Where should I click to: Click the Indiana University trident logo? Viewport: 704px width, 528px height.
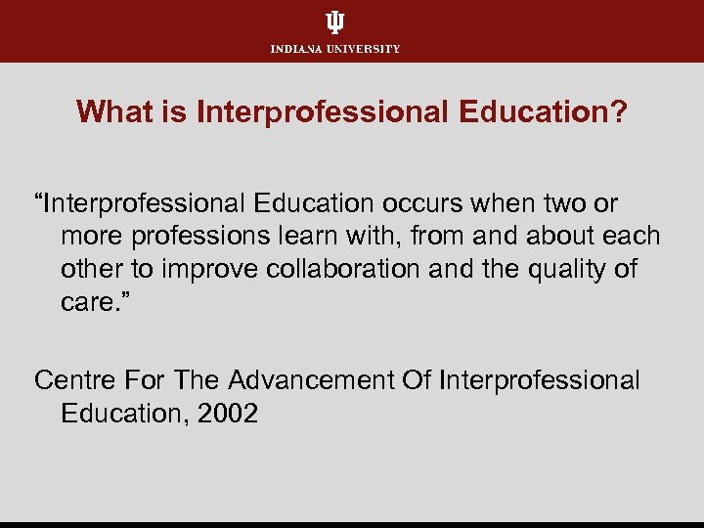coord(335,22)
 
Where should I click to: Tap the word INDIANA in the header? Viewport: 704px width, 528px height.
coord(297,49)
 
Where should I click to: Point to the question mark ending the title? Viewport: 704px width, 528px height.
coord(619,111)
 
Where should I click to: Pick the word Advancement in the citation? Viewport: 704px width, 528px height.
coord(316,379)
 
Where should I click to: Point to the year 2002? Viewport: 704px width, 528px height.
coord(227,413)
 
